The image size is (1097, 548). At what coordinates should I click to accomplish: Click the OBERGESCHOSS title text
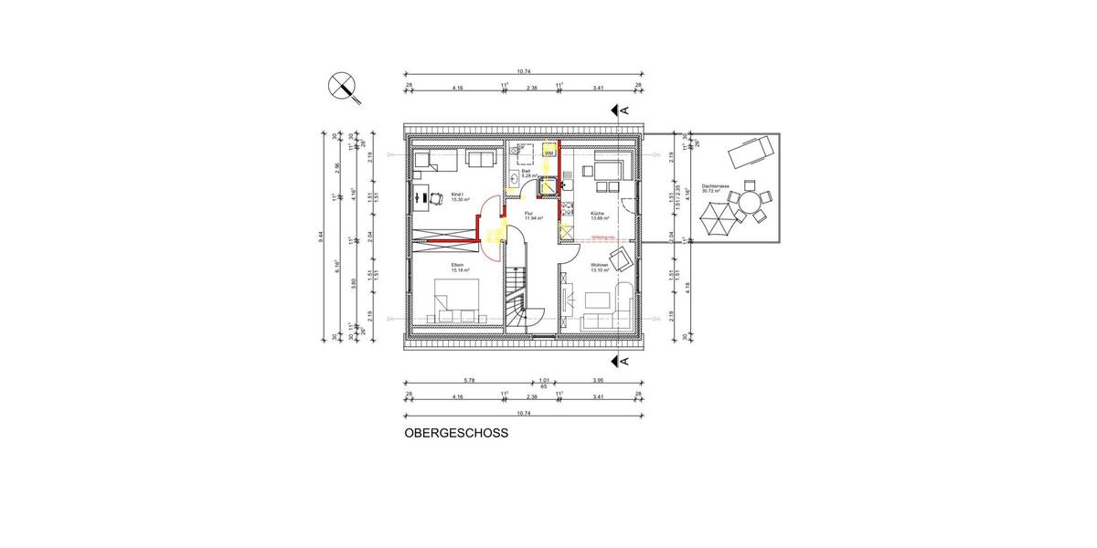[455, 435]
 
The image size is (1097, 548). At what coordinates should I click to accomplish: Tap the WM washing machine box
[548, 154]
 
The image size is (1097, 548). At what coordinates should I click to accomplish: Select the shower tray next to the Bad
[548, 185]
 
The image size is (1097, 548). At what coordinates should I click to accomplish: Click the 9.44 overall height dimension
[321, 236]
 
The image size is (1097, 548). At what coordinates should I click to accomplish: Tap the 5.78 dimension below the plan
[469, 379]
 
